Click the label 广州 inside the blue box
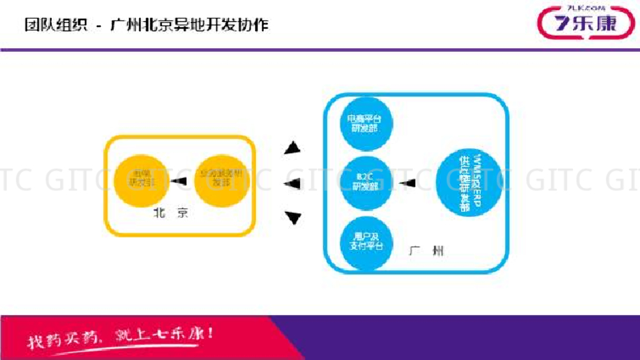coord(427,251)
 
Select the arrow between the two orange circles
coord(179,181)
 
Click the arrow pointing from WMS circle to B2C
coord(407,183)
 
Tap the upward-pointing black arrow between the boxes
coord(292,149)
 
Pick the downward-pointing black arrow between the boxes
coord(292,217)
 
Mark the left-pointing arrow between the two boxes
coord(292,183)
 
